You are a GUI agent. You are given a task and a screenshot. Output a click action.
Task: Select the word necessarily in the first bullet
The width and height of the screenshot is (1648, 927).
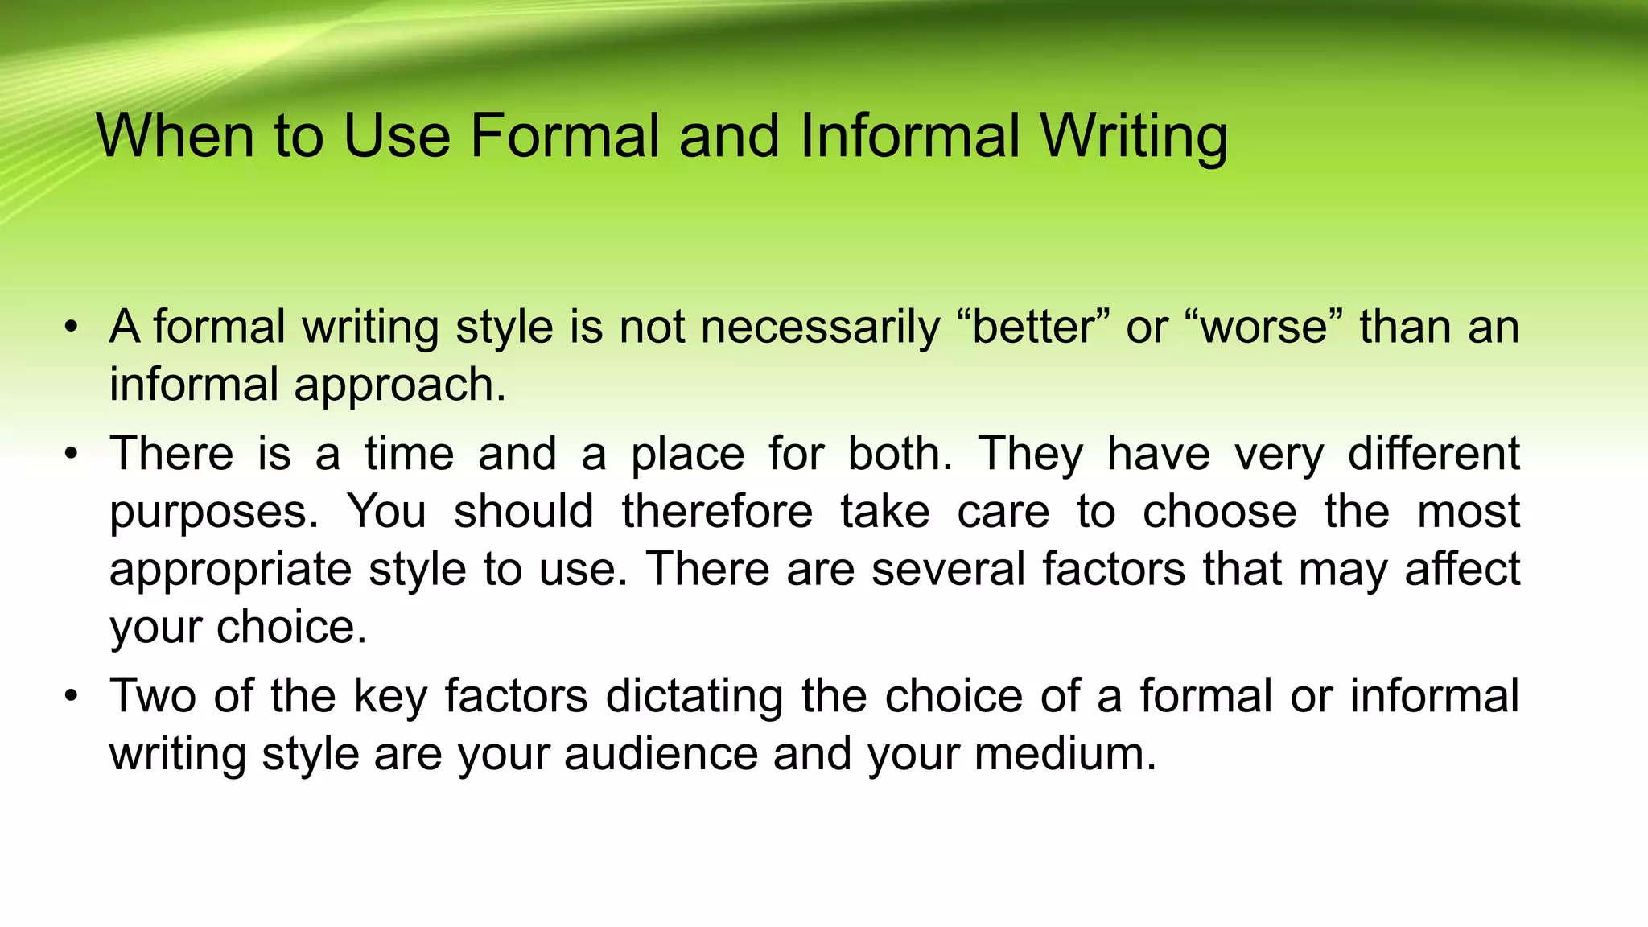click(820, 328)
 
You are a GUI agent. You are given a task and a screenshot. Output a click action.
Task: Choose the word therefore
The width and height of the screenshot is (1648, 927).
click(717, 511)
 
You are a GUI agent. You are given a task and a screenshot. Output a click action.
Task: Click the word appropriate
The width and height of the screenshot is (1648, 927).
click(230, 570)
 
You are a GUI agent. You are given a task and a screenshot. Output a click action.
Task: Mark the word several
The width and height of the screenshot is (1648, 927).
click(948, 569)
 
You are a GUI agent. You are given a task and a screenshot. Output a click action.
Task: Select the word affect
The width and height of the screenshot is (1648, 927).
click(1462, 569)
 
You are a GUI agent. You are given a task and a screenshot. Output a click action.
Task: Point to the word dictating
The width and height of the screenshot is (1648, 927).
click(694, 696)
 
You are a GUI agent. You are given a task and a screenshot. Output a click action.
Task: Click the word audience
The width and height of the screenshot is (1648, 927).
click(661, 754)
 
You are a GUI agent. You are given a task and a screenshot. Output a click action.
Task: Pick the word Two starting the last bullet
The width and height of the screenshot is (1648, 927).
click(153, 696)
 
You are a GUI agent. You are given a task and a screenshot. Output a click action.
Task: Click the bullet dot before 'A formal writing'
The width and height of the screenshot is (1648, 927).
click(72, 328)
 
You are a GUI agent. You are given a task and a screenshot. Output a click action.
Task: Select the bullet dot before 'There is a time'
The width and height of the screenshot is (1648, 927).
click(72, 454)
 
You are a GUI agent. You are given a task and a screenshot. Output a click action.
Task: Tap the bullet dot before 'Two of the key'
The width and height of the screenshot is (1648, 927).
click(72, 696)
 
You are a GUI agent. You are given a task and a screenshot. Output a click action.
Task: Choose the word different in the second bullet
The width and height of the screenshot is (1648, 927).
click(1433, 454)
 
